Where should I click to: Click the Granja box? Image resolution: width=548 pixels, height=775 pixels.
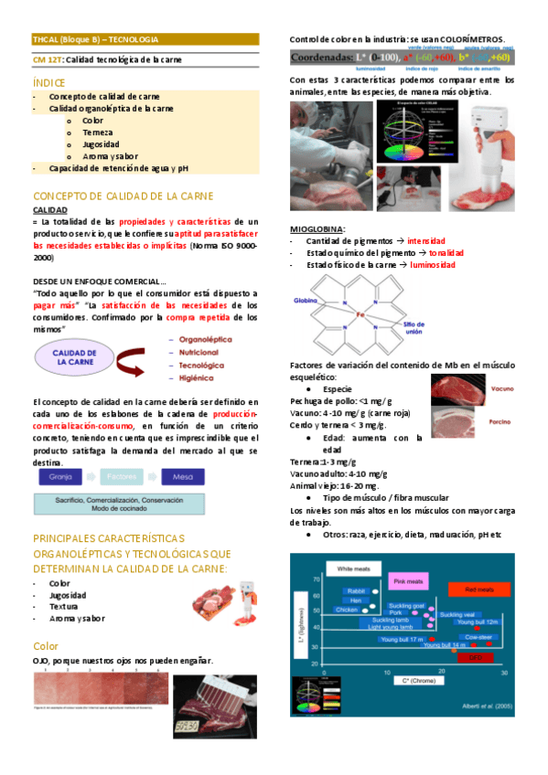pos(61,476)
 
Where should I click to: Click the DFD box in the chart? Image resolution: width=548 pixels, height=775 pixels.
pos(475,656)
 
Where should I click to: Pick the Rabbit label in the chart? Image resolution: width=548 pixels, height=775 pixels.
pos(355,591)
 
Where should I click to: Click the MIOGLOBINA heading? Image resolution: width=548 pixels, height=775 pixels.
pos(317,228)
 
